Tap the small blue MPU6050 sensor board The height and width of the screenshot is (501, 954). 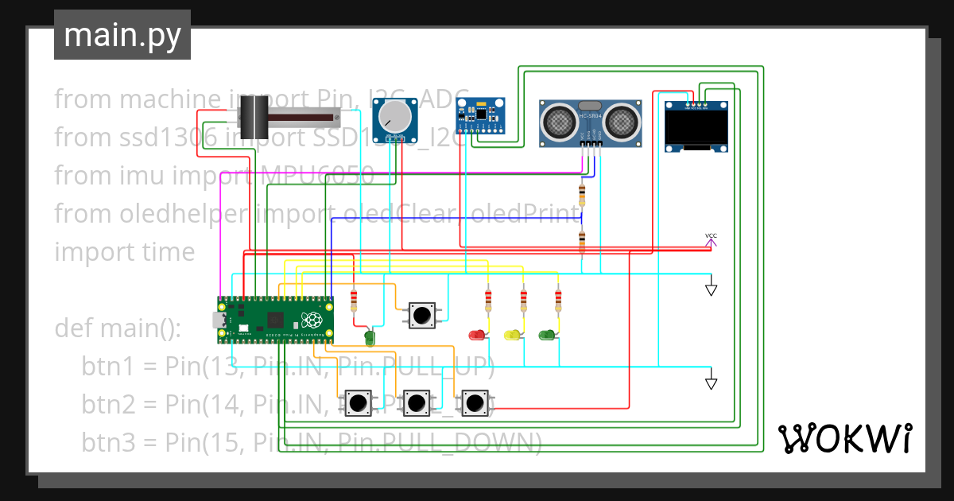pyautogui.click(x=480, y=113)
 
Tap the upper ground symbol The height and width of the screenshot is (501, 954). pyautogui.click(x=712, y=288)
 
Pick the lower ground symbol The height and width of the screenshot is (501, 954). pyautogui.click(x=712, y=382)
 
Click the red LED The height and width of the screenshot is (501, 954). pyautogui.click(x=477, y=335)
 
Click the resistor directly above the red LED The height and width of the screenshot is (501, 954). pyautogui.click(x=488, y=300)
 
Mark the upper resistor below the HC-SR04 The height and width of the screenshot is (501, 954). pyautogui.click(x=583, y=193)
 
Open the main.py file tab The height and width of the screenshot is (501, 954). pyautogui.click(x=122, y=35)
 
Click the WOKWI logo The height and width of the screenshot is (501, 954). pyautogui.click(x=844, y=437)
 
